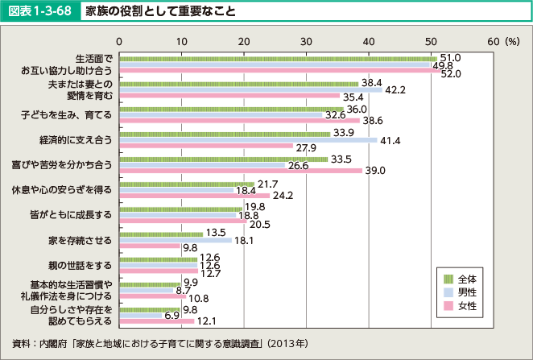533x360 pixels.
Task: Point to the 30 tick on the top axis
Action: (x=306, y=39)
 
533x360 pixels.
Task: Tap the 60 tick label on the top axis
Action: (x=494, y=39)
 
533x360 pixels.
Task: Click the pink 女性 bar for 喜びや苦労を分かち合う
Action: (x=240, y=170)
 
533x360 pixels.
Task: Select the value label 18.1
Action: (x=245, y=240)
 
